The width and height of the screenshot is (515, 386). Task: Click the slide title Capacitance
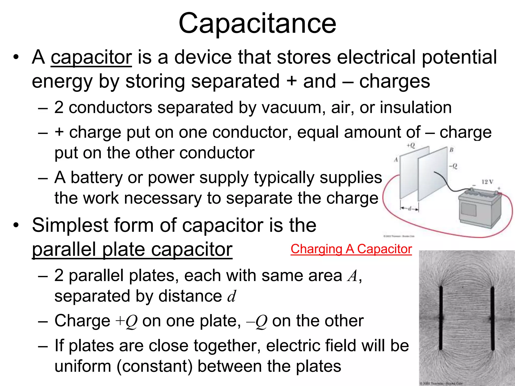[257, 24]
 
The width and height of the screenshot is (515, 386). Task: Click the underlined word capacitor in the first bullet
[91, 57]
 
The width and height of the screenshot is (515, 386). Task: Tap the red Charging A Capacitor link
[351, 249]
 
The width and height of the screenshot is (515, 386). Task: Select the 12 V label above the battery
[487, 182]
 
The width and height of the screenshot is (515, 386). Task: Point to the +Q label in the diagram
[411, 146]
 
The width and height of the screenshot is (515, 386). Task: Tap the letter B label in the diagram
[451, 150]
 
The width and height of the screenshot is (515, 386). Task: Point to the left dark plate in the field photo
[441, 318]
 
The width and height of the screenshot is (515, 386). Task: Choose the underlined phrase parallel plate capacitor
[132, 250]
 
